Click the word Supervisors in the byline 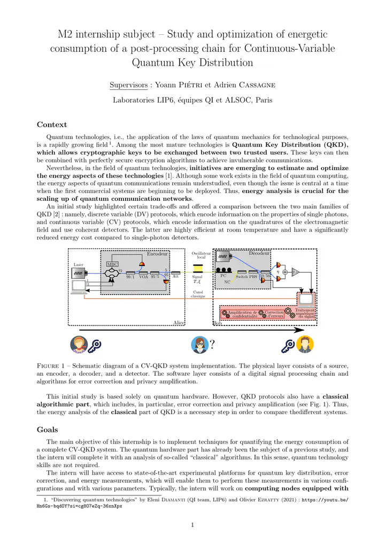pos(128,84)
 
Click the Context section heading pos(51,125)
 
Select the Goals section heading pos(48,429)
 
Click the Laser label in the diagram pos(79,265)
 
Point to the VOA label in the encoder pos(143,277)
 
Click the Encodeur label pos(157,254)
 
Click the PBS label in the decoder pos(253,277)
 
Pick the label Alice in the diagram pos(179,323)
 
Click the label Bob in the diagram pos(218,323)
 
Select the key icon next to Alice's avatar pos(97,345)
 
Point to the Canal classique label pos(198,293)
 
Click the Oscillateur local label pos(198,255)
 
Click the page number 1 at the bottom pos(192,524)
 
